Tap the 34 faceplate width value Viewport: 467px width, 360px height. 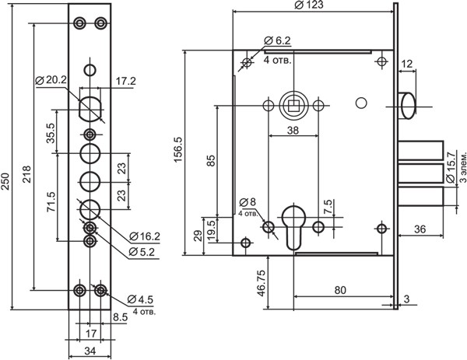[90, 351]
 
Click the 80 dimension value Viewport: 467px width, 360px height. [341, 291]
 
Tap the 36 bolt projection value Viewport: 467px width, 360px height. [420, 229]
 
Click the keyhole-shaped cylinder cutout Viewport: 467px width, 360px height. [293, 226]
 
